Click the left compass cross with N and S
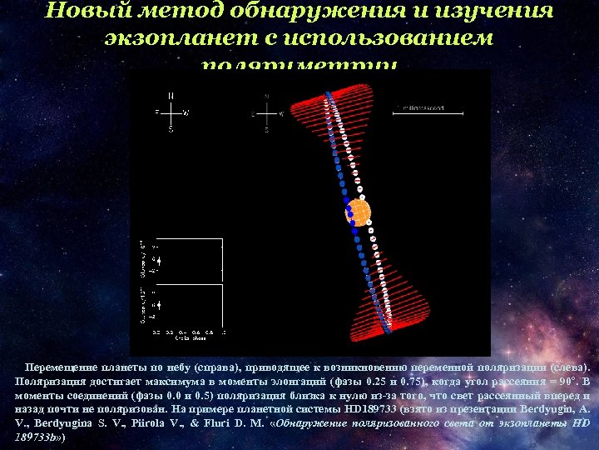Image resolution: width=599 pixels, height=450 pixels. pos(171,112)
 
